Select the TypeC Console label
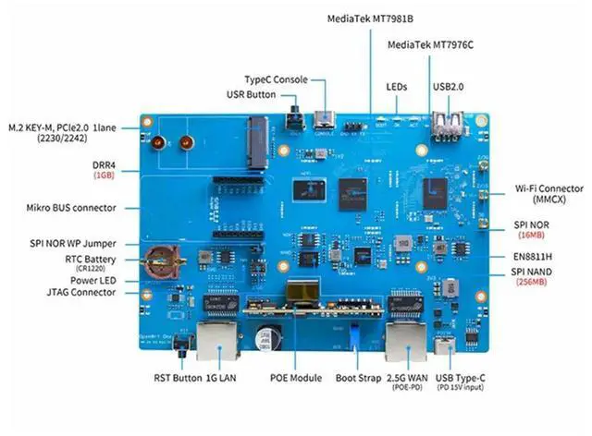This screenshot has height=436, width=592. click(x=275, y=79)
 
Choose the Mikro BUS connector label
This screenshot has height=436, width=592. click(x=73, y=208)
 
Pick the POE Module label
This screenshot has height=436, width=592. click(x=297, y=378)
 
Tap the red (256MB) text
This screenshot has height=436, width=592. click(x=528, y=282)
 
